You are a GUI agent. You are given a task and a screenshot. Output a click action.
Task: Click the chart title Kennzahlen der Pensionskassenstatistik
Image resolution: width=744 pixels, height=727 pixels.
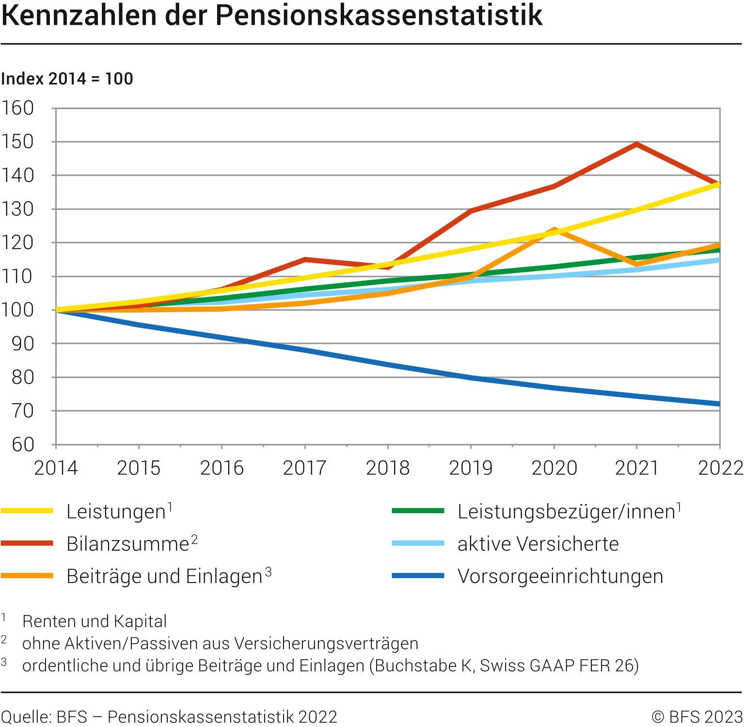tap(272, 16)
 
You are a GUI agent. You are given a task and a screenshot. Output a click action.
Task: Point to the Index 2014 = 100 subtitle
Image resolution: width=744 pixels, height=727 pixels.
tap(67, 79)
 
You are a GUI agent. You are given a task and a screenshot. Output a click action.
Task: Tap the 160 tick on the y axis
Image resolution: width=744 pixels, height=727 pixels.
tap(18, 108)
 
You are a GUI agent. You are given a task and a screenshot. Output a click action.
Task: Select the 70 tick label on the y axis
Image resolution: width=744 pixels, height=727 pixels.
tap(23, 411)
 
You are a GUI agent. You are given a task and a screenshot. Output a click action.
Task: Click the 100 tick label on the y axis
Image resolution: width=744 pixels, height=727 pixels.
tap(18, 310)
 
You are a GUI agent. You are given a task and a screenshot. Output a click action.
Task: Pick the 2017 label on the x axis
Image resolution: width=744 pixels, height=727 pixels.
tap(304, 468)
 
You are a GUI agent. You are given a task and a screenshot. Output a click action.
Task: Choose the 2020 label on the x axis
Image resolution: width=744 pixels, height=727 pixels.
tap(554, 468)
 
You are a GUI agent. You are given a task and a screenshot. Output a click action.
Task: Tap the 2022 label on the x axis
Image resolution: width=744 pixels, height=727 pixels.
tap(720, 468)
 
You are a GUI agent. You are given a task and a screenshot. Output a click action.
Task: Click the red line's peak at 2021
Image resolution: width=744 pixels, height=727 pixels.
tap(636, 144)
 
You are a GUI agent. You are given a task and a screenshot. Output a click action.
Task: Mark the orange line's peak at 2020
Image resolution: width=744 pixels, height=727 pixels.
tap(554, 230)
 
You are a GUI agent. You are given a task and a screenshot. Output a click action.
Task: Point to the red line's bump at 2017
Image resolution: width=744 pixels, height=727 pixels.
tap(305, 260)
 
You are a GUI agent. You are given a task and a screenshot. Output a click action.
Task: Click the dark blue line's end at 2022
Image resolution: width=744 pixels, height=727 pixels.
tap(718, 404)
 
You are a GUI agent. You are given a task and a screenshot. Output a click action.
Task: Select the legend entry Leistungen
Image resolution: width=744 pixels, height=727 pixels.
tap(116, 512)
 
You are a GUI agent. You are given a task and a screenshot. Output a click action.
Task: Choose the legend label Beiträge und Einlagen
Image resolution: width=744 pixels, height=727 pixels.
tap(164, 576)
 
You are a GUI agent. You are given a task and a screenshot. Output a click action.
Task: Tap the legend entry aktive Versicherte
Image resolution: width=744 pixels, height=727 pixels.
tap(538, 544)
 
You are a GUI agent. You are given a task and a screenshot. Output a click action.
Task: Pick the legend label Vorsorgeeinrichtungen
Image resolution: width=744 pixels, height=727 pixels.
tap(560, 576)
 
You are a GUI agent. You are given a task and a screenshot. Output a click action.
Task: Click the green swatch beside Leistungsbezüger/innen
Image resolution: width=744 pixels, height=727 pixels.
tap(418, 511)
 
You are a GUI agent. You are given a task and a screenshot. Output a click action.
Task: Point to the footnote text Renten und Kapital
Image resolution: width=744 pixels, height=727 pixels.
tap(95, 621)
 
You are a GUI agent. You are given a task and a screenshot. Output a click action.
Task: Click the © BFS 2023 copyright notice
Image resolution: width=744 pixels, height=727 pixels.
tap(697, 717)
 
